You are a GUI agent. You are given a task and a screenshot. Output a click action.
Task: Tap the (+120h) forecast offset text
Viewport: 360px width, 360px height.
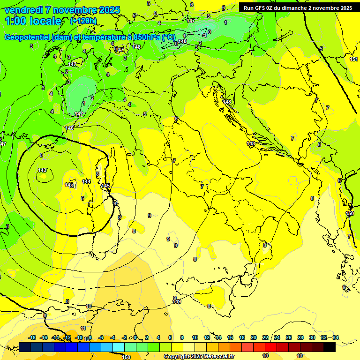coord(83,21)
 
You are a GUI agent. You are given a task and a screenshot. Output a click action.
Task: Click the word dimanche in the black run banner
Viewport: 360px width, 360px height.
coord(292,8)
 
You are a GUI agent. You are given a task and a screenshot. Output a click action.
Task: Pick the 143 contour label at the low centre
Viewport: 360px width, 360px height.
coord(42,170)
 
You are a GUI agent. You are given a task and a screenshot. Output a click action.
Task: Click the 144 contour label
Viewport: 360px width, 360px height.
coord(86,181)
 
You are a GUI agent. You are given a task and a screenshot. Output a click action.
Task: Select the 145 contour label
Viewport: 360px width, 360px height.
coord(105,186)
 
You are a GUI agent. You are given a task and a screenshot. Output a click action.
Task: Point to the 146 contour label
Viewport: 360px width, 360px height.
coord(69,128)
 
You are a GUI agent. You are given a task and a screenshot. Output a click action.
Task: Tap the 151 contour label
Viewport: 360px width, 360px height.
coord(354,59)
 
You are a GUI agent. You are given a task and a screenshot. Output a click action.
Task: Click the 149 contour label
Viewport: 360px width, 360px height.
coord(177,301)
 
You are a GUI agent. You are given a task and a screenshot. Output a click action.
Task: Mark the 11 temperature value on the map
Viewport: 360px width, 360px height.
coord(83,328)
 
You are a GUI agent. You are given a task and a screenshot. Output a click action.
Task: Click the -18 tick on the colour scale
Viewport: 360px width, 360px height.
coord(32,337)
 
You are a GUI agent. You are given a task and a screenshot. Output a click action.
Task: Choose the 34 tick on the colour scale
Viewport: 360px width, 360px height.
coord(336,337)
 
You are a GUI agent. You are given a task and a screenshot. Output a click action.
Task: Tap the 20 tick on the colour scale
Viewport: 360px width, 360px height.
coord(254,337)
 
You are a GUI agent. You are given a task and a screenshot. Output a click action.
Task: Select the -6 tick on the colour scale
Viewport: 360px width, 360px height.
coord(100,337)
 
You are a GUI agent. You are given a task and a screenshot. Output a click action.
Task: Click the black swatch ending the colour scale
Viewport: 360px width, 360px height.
coord(330,347)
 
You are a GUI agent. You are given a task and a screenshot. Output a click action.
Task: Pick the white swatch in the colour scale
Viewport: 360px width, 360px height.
coord(189,347)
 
